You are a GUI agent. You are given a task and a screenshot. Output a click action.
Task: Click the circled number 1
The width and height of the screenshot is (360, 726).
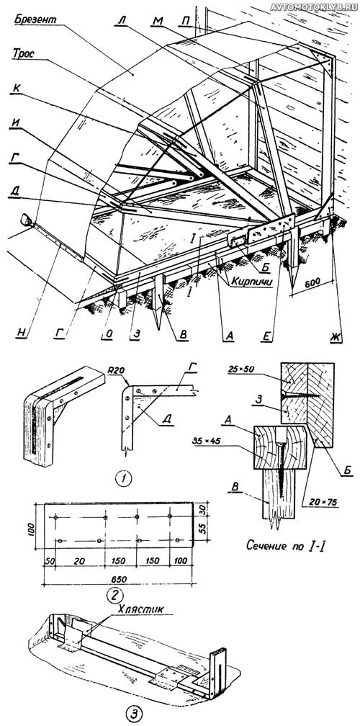123,478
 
